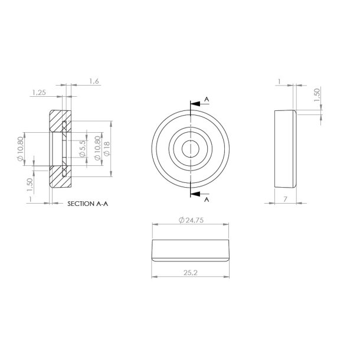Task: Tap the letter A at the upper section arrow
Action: point(207,98)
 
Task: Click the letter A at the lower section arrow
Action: point(207,200)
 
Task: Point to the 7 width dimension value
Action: point(285,200)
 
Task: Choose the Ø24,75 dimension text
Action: point(190,220)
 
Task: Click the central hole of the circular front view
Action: point(190,149)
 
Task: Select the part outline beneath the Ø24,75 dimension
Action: point(190,250)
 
